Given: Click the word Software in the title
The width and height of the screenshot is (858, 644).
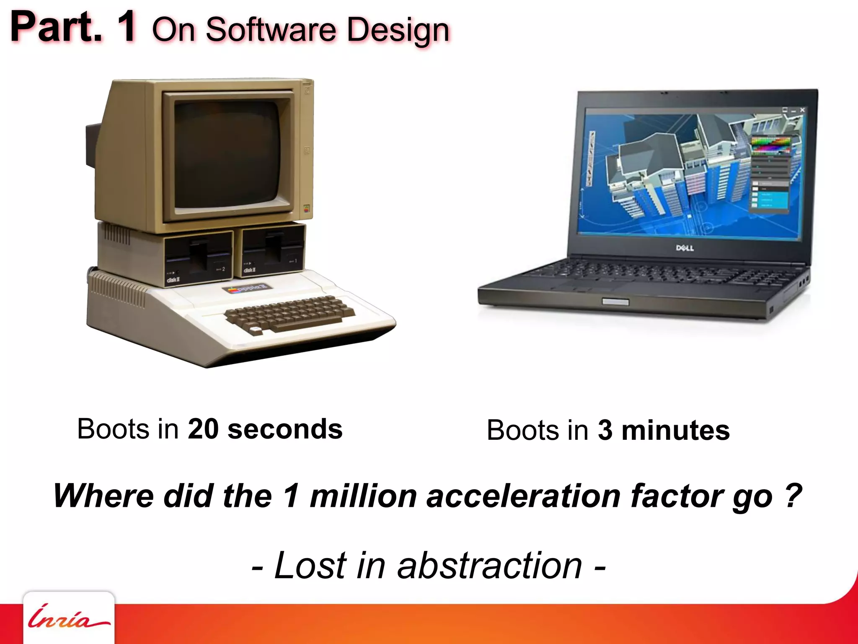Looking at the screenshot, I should (x=271, y=30).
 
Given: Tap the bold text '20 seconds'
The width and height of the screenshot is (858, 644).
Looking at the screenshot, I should (x=265, y=429).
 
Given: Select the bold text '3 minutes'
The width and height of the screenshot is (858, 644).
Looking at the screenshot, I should (x=664, y=431).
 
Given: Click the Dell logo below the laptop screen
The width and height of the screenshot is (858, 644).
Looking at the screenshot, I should (x=685, y=248).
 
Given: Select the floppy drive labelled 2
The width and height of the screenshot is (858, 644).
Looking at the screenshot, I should (x=198, y=256).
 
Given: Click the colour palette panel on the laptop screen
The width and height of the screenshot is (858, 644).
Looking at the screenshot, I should (x=770, y=145).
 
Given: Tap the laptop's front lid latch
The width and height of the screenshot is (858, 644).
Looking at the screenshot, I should (x=615, y=302).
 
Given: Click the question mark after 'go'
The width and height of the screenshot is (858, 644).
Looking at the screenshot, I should (x=793, y=496).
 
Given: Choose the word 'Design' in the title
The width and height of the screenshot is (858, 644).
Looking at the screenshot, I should (x=398, y=30).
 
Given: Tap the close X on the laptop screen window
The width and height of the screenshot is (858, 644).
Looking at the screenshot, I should (x=802, y=110).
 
